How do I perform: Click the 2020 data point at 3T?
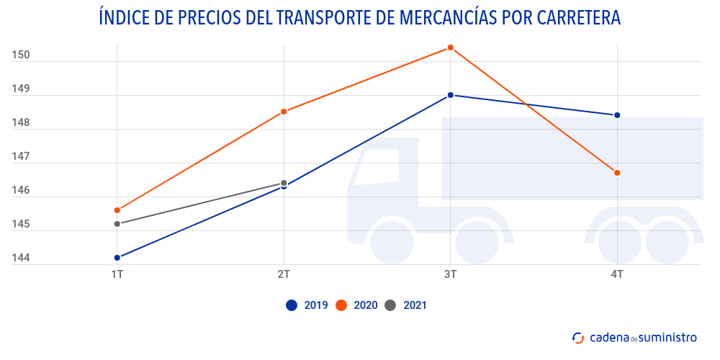click(451, 48)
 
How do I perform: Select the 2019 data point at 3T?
click(451, 95)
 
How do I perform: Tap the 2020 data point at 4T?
click(617, 173)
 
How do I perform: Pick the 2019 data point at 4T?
click(617, 115)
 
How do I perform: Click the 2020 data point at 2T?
click(284, 112)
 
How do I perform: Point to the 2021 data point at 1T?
click(117, 224)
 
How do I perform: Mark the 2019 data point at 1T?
click(117, 258)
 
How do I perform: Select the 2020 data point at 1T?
click(117, 210)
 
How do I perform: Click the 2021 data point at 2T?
click(284, 183)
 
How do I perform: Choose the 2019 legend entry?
click(307, 305)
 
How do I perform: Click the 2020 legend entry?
click(356, 305)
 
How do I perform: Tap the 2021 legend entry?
click(406, 305)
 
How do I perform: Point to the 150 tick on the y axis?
click(21, 55)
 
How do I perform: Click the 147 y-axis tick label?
click(21, 156)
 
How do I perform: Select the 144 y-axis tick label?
click(21, 258)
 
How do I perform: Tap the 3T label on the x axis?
click(451, 274)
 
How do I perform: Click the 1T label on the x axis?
click(117, 274)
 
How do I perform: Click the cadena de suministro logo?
click(634, 337)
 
